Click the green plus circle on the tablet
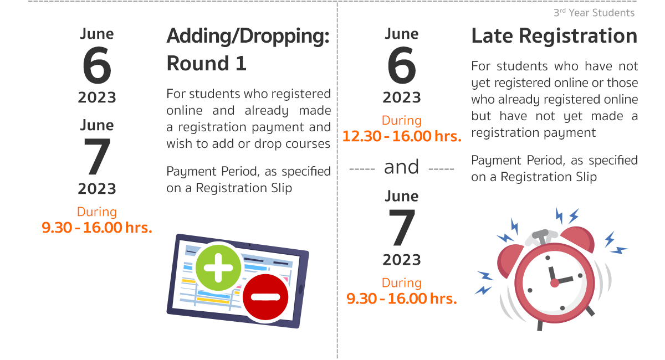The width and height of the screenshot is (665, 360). (x=218, y=268)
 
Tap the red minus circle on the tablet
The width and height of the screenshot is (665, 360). (x=265, y=297)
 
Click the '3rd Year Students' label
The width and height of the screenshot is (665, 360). (x=594, y=13)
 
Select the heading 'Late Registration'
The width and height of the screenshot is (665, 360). (x=554, y=35)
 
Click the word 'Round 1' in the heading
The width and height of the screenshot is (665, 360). (x=207, y=63)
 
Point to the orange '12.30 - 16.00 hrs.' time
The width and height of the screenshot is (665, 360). (x=402, y=136)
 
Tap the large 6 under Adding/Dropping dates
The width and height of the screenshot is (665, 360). (x=97, y=65)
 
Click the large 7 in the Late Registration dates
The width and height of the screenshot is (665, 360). (x=402, y=227)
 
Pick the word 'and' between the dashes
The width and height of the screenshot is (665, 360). (x=401, y=167)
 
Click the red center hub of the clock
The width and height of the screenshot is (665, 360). (x=555, y=283)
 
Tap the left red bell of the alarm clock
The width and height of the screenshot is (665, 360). (x=509, y=259)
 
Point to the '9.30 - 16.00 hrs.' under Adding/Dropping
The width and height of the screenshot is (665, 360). (x=97, y=228)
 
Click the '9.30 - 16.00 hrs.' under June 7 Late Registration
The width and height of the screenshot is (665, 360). (x=402, y=299)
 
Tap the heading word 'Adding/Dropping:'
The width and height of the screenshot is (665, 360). (x=248, y=36)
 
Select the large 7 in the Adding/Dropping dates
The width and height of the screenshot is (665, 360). (x=97, y=156)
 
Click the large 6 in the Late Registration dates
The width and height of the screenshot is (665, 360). (x=402, y=65)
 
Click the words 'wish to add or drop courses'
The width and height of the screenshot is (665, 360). (x=248, y=143)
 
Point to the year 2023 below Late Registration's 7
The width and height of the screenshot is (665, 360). (x=402, y=260)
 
